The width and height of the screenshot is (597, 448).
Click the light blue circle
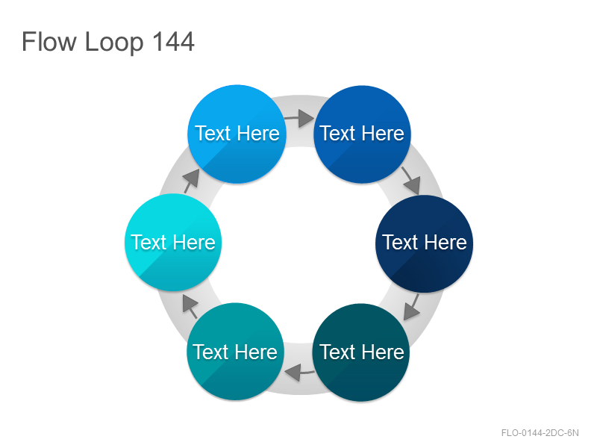tap(237, 134)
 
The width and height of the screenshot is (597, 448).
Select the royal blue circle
tap(362, 134)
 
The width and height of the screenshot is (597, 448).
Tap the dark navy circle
tap(424, 243)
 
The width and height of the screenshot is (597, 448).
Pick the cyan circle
tap(173, 243)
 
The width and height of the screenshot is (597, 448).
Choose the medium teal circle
tap(236, 352)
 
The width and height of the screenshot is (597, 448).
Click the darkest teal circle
tap(361, 352)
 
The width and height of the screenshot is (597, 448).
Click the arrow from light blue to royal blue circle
tap(299, 118)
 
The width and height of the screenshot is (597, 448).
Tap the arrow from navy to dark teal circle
tap(412, 306)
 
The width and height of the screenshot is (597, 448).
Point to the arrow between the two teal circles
tap(300, 372)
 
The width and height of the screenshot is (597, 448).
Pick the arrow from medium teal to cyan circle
tap(190, 307)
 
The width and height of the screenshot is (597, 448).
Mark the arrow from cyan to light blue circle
tap(192, 181)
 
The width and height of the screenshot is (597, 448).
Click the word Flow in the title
tap(49, 42)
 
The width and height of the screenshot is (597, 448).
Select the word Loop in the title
tap(114, 43)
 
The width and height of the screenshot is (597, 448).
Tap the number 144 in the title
tap(174, 42)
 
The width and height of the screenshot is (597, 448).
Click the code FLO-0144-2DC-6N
tap(540, 433)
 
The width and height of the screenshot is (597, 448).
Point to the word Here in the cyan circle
tap(196, 242)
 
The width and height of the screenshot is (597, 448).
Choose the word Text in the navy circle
tap(401, 242)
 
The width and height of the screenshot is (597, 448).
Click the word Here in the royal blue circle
tap(384, 134)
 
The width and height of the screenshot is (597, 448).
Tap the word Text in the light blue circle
tap(213, 134)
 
